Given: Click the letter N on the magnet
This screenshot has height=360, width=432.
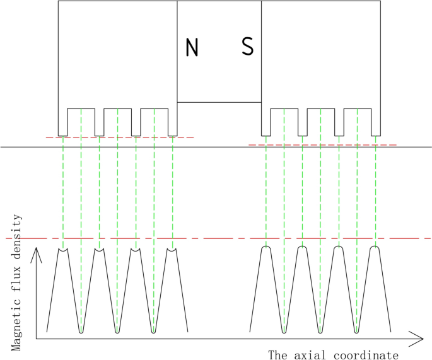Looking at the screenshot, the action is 192,47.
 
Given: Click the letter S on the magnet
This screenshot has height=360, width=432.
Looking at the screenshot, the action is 248,47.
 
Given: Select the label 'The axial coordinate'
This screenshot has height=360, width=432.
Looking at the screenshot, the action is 333,354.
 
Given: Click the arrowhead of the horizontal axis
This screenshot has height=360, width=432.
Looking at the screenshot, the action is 417,338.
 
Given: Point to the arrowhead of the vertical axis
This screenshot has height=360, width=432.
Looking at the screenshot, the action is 37,253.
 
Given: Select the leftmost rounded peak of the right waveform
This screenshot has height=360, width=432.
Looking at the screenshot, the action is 266,248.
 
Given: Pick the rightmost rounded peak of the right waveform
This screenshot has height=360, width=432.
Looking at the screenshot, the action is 376,248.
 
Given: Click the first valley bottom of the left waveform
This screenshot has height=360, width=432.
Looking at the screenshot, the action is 81,330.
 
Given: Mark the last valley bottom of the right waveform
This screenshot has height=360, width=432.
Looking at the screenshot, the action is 357,330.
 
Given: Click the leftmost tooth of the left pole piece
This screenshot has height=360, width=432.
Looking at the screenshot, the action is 62,123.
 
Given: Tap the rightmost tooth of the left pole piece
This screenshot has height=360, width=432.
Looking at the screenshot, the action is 172,123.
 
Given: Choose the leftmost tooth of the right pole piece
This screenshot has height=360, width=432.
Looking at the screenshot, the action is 266,123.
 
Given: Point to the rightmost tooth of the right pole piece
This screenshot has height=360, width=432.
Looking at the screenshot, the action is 376,123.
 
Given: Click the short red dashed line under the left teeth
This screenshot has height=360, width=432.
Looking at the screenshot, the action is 120,137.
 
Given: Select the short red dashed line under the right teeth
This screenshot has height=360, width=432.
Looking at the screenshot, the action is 322,145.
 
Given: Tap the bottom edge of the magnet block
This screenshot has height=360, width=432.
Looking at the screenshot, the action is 219,102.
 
